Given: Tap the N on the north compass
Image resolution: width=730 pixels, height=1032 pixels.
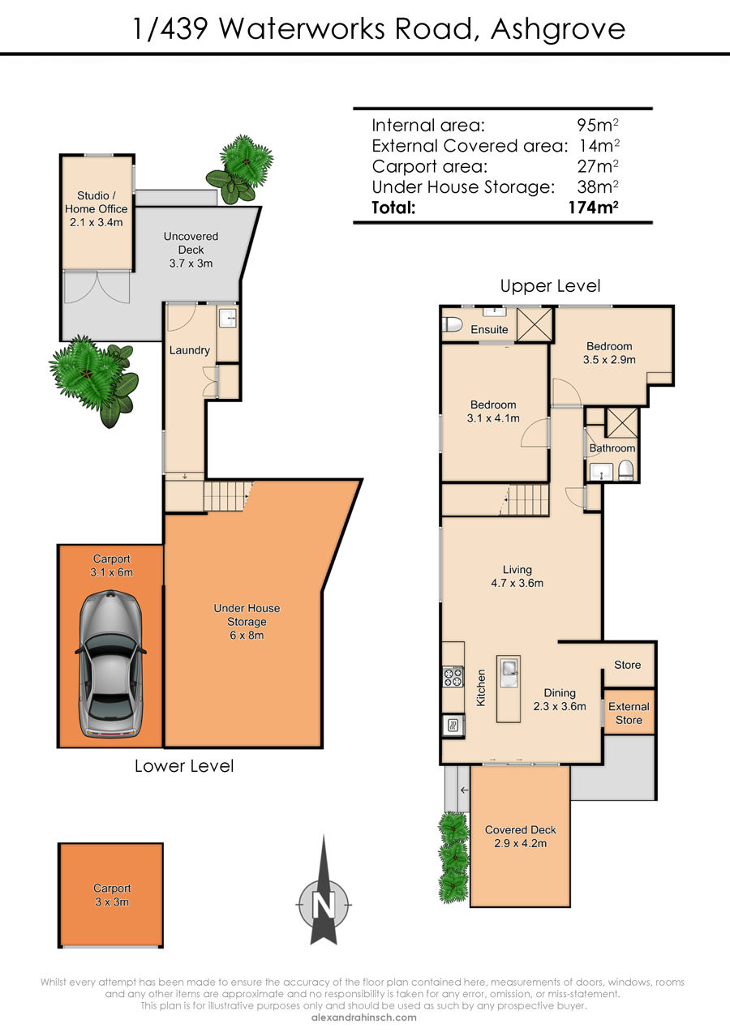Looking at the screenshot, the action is click(x=324, y=905).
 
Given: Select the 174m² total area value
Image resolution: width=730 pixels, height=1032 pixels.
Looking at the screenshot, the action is click(x=593, y=208).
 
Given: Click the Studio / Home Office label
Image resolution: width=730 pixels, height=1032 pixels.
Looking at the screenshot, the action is click(x=97, y=208).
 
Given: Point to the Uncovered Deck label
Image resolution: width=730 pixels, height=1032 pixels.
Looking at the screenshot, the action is click(x=191, y=249).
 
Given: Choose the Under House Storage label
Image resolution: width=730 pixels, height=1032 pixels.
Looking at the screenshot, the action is click(x=247, y=622).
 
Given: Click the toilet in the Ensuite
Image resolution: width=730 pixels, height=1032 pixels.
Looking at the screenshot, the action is click(x=452, y=324).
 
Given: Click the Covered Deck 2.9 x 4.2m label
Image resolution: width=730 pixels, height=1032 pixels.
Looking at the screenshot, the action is click(x=520, y=836).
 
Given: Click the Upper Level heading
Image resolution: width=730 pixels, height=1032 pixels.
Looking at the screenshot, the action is click(x=550, y=286).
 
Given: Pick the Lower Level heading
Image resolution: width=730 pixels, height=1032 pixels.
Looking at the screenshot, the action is click(x=184, y=766).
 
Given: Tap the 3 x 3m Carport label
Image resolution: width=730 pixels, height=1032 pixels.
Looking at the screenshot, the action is click(x=112, y=895).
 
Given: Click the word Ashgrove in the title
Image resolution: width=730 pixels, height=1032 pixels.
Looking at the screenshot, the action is click(x=558, y=29).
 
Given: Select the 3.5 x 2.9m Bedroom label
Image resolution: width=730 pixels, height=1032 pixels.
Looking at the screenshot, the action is click(x=609, y=353).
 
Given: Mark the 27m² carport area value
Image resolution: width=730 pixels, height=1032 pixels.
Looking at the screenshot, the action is click(x=598, y=166).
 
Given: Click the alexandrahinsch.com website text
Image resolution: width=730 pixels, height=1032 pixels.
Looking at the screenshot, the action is click(x=364, y=1017).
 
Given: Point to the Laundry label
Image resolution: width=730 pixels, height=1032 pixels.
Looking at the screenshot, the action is click(x=190, y=350).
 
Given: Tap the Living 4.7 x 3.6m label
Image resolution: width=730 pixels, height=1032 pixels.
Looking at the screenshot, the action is click(x=517, y=576).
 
